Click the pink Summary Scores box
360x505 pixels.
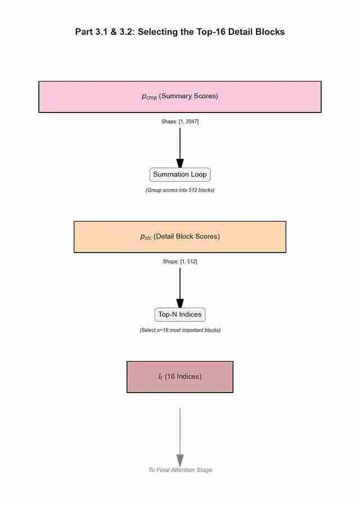[x=180, y=97]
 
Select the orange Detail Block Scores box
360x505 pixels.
[x=180, y=237]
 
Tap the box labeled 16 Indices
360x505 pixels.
[x=180, y=377]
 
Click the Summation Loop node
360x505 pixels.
[x=180, y=175]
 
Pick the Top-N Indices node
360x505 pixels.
[x=180, y=314]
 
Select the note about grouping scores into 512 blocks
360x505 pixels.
[x=180, y=190]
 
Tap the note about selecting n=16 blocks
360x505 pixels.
[x=180, y=330]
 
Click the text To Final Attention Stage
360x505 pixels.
[x=180, y=470]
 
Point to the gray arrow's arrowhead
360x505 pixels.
[x=180, y=460]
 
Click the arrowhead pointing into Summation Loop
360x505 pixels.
[x=180, y=163]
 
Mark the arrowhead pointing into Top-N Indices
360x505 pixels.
[x=180, y=303]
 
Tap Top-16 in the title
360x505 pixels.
[x=212, y=32]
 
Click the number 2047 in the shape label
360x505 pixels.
[x=190, y=121]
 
